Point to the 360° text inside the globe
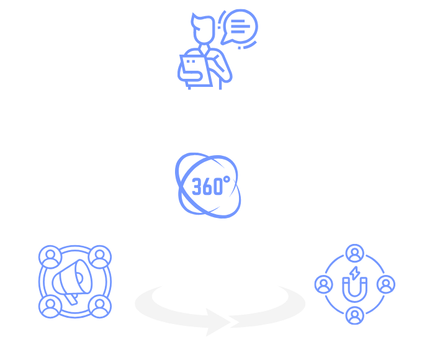point(210,186)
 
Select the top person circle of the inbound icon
point(354,253)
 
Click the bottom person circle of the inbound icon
point(354,315)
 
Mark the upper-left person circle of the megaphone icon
point(48,256)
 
